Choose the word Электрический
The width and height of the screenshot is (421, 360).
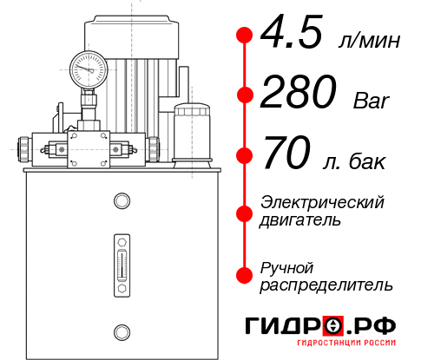tap(322, 202)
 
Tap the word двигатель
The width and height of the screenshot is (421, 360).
tap(300, 220)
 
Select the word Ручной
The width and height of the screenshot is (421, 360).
tap(286, 266)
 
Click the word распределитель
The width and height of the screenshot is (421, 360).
tap(326, 285)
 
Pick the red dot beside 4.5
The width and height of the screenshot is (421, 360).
tap(245, 35)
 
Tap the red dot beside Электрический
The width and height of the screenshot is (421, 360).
tap(245, 211)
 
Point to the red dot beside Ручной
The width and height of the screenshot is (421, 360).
tap(245, 275)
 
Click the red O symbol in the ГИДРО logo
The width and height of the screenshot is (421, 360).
tap(333, 326)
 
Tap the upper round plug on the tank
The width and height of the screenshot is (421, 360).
tap(121, 201)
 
